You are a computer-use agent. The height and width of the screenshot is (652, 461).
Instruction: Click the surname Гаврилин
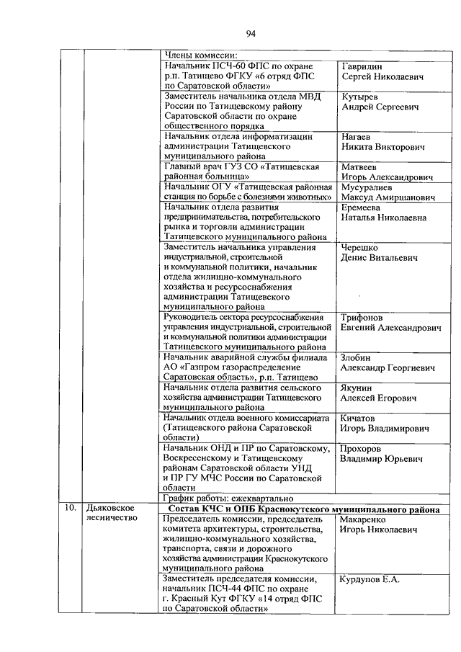[362, 66]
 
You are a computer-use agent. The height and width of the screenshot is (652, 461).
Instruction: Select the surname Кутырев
[359, 97]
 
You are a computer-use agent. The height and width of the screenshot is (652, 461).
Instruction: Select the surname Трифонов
[362, 318]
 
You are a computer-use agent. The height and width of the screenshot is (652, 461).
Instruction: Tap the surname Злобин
[356, 357]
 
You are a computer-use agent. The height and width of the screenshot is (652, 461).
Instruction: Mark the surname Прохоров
[362, 448]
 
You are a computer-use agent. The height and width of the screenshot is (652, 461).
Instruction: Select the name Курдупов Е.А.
[369, 579]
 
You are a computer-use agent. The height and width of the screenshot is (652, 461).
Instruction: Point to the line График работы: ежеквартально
[227, 497]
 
